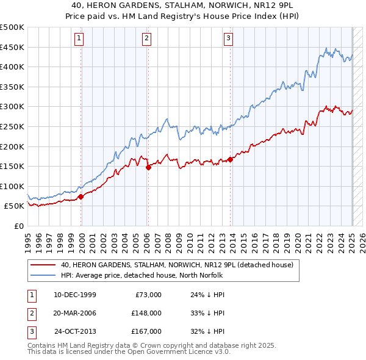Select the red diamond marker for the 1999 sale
pyautogui.click(x=81, y=196)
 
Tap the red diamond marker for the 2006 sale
pyautogui.click(x=148, y=167)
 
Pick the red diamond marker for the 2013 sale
pyautogui.click(x=231, y=160)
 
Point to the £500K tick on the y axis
pyautogui.click(x=12, y=27)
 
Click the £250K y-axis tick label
pyautogui.click(x=12, y=126)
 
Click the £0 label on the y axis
pyautogui.click(x=19, y=226)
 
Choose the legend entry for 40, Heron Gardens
pyautogui.click(x=178, y=265)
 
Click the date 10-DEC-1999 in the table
pyautogui.click(x=75, y=295)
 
